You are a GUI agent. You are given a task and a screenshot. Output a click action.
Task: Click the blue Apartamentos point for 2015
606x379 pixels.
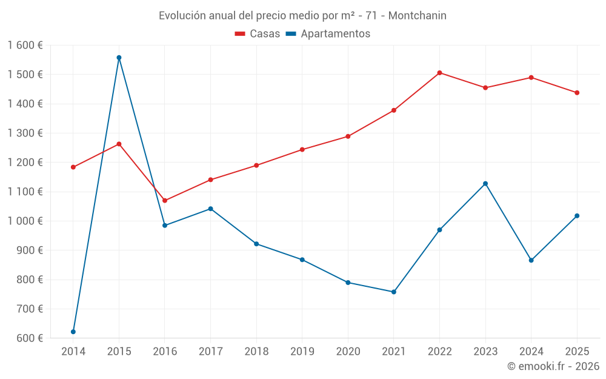119,58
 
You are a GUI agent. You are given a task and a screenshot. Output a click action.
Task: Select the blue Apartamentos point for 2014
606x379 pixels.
73,332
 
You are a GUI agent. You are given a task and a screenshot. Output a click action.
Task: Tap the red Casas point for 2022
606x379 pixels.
439,73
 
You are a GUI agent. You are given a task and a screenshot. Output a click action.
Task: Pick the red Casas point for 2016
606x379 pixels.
165,201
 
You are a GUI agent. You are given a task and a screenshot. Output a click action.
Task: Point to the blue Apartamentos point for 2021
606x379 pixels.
394,292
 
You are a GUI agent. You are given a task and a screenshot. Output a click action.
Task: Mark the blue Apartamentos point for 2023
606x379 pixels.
485,184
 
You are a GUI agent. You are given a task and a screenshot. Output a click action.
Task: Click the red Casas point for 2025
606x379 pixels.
577,93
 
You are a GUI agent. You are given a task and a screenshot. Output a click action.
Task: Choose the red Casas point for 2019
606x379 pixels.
302,150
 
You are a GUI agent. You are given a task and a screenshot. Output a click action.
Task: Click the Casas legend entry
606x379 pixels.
258,34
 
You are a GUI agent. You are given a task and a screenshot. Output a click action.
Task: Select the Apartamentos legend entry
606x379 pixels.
328,34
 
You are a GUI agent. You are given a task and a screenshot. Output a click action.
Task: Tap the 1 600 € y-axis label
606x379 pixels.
25,45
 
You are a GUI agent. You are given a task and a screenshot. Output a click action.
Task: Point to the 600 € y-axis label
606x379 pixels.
30,338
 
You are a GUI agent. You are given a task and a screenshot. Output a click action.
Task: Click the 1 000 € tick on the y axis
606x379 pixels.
25,221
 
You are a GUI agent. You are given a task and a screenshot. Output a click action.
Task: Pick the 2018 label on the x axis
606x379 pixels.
256,351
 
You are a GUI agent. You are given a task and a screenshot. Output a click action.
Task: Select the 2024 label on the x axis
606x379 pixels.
531,351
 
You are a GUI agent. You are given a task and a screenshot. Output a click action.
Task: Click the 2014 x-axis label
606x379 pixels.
73,351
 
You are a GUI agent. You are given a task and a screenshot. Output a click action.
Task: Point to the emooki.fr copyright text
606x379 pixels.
553,366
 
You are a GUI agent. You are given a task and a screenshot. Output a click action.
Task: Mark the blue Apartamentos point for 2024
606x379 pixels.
531,260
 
